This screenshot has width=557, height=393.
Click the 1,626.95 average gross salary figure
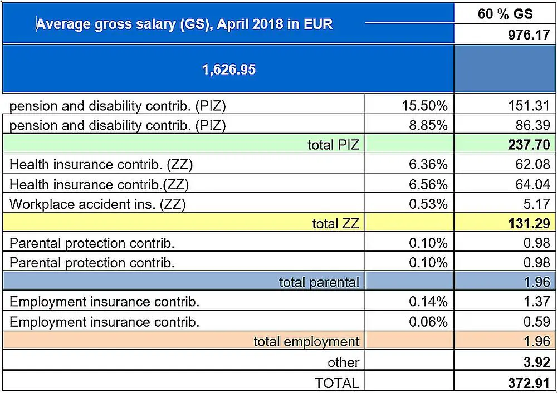(228, 70)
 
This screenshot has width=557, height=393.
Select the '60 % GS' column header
(505, 14)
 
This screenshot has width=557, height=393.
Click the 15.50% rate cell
(424, 105)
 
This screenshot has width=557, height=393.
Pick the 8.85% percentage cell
(428, 125)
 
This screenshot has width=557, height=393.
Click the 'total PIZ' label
(333, 145)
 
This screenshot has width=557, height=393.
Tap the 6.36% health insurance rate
(428, 165)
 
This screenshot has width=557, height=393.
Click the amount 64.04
(533, 184)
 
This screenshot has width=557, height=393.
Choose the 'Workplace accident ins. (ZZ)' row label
(97, 204)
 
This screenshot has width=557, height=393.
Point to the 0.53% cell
(428, 204)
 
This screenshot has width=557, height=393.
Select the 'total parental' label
(319, 282)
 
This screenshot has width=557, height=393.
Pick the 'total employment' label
(306, 341)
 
